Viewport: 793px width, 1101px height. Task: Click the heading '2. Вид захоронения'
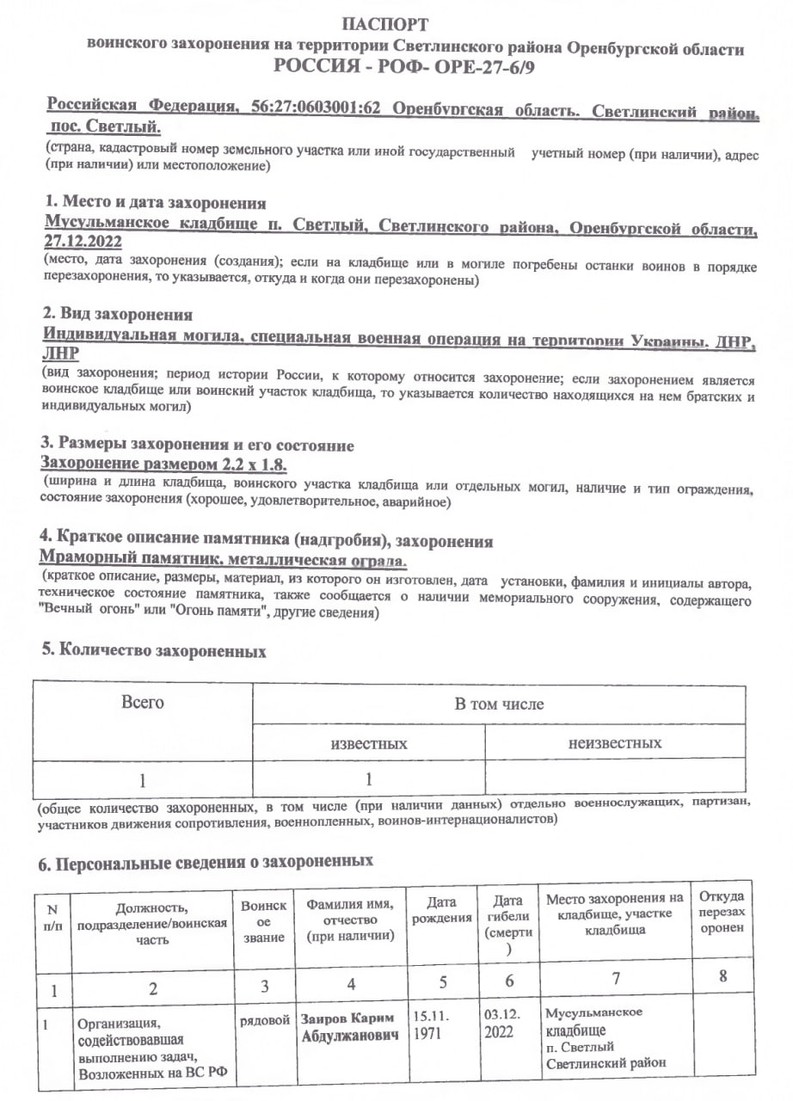(x=118, y=315)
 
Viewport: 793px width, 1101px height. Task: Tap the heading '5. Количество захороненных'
(x=154, y=651)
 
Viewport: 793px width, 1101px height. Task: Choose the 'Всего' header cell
(x=143, y=703)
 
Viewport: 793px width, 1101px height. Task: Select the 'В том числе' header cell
(x=499, y=704)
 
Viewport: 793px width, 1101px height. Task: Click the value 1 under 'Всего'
(x=143, y=781)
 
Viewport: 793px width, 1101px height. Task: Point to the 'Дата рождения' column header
(x=441, y=910)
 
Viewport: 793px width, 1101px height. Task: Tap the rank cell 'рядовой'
(x=264, y=1020)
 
